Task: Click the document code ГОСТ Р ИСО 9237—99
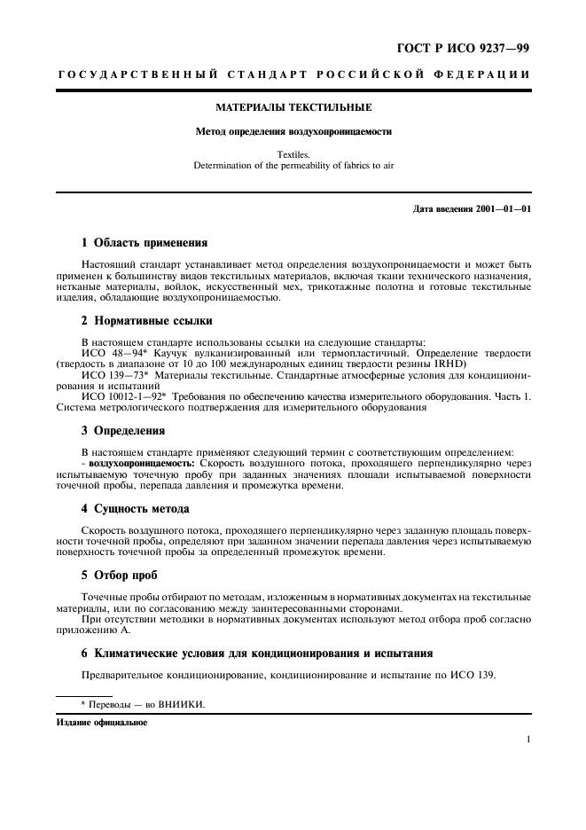(463, 47)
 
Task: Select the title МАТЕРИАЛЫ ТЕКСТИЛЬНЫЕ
(293, 107)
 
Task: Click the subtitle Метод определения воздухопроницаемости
(293, 131)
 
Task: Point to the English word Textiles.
(293, 153)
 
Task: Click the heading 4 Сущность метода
(135, 508)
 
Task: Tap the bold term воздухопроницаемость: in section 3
(143, 463)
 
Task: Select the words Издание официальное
(102, 723)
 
